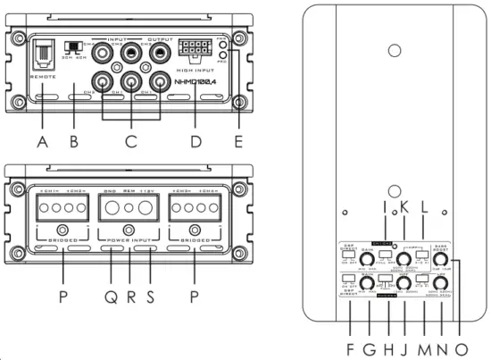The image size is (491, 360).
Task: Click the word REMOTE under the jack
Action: tap(41, 78)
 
